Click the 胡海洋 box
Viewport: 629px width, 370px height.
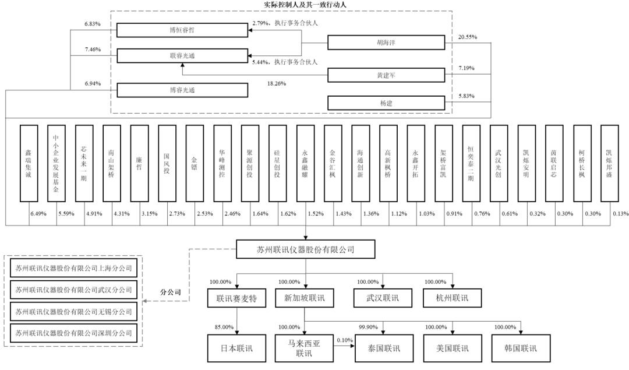386,43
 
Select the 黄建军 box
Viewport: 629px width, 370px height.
386,75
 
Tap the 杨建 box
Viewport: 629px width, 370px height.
386,103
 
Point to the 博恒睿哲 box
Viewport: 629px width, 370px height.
182,30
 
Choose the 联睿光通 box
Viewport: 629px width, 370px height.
182,56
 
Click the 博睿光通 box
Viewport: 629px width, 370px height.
182,90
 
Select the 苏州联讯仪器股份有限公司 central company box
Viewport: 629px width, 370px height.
306,249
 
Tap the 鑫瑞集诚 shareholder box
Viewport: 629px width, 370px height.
29,163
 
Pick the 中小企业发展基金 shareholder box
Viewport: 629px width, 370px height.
56,163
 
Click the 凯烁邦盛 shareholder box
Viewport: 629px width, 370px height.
609,163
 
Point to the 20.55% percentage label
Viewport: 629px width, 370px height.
468,37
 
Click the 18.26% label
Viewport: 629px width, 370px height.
277,83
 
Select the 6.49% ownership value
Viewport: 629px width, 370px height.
38,213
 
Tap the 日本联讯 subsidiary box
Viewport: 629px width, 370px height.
236,348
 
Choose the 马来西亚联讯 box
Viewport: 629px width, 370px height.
304,348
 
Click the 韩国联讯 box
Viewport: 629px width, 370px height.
521,348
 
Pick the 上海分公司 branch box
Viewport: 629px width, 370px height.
73,268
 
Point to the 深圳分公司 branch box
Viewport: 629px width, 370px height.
73,333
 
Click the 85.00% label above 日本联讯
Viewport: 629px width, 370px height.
224,327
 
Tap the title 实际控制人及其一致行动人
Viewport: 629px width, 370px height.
305,5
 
